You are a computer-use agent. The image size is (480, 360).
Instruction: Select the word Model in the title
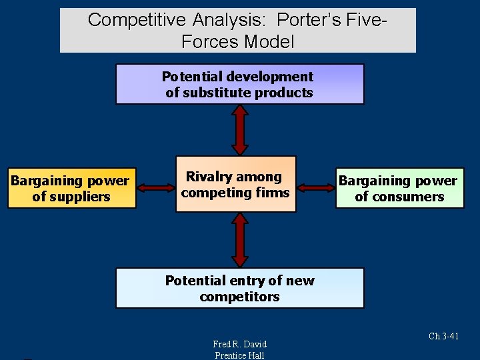coord(269,41)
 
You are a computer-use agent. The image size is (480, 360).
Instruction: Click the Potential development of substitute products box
coord(240,84)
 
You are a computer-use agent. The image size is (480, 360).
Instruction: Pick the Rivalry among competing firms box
coord(235,184)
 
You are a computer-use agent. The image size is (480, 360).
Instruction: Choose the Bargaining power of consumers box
coord(399,188)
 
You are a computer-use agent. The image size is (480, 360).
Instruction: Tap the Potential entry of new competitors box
coord(240,288)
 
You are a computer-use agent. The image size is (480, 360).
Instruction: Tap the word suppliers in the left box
coord(71,197)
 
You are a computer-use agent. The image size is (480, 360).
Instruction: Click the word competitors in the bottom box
coord(240,297)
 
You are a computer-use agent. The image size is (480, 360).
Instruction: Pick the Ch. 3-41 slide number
coord(443,337)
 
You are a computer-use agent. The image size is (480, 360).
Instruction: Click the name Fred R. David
coord(239,344)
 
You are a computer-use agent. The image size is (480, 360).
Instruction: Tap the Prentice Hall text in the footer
coord(239,355)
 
